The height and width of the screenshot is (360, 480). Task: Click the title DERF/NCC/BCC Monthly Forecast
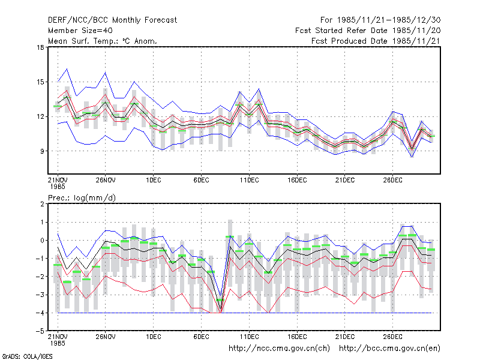112,20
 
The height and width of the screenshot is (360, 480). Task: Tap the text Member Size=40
80,31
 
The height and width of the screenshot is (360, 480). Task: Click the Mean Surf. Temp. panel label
103,41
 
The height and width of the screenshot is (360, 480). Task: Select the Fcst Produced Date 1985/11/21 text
376,41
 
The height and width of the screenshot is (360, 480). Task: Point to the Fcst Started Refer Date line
368,31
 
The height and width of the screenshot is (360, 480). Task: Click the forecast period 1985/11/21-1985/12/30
380,20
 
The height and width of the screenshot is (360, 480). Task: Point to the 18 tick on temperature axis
40,47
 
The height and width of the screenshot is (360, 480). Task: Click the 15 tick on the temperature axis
40,82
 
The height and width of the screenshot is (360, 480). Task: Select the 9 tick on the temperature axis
42,151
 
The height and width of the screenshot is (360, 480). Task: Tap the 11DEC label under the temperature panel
249,181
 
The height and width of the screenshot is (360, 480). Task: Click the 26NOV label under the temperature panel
106,181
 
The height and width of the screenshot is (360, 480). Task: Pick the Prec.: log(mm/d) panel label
82,198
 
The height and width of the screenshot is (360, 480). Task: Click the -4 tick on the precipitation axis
40,313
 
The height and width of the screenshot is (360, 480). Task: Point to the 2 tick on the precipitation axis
42,204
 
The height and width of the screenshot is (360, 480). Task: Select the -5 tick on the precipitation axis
40,331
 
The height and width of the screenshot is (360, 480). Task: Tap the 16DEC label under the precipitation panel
297,337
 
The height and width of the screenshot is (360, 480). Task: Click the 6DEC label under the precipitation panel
201,337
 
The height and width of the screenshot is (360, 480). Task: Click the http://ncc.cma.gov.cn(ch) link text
279,349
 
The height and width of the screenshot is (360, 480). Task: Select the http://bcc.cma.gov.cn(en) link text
389,349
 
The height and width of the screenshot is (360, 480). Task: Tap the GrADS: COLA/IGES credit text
27,356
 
